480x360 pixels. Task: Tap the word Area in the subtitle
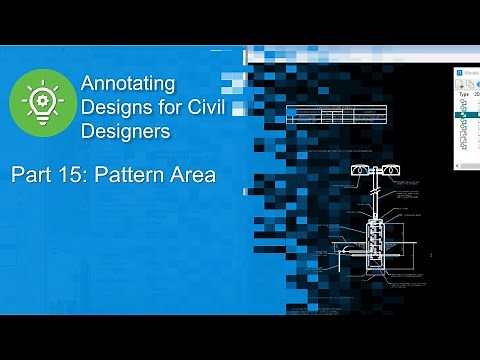[194, 176]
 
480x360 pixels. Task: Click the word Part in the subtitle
[32, 176]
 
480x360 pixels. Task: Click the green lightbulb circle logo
[42, 104]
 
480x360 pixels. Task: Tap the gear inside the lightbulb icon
[42, 100]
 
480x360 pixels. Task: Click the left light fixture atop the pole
[357, 173]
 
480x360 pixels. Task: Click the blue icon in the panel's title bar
[459, 72]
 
